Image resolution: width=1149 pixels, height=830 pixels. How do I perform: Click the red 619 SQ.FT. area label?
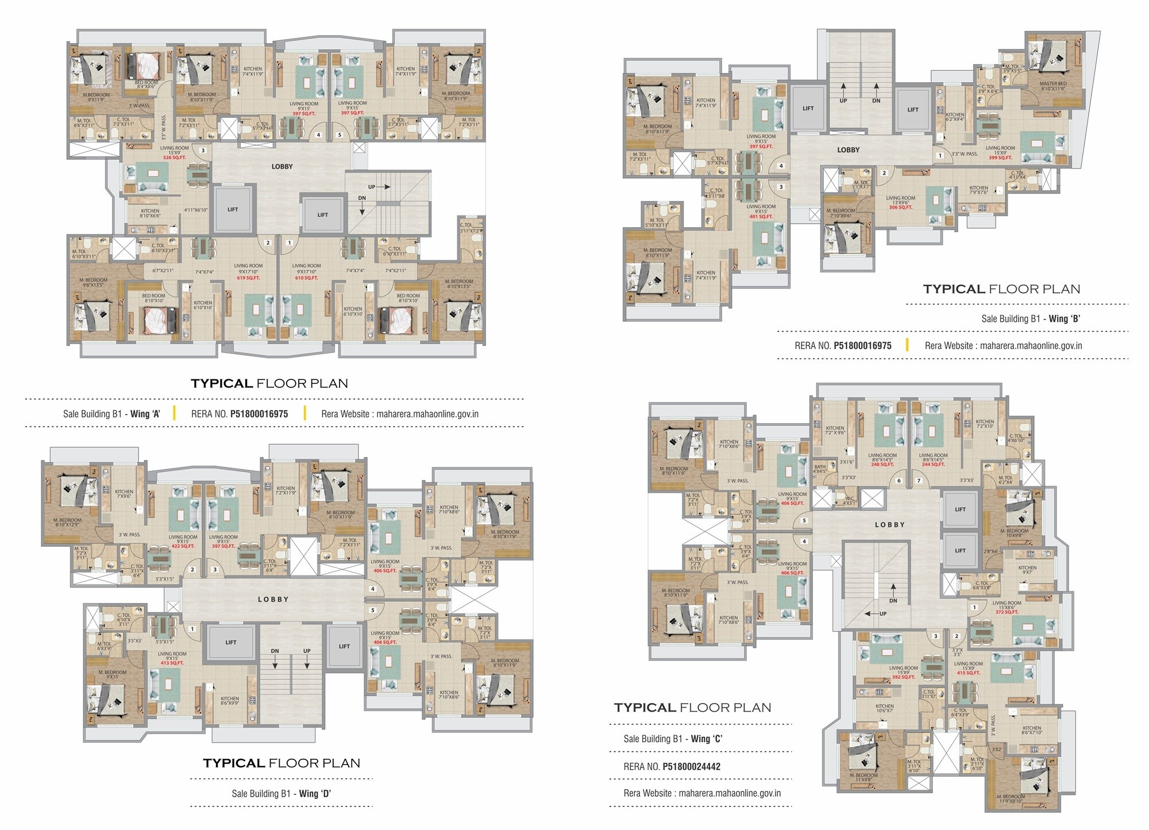(248, 278)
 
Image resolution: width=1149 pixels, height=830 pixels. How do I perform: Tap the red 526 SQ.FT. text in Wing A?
(175, 157)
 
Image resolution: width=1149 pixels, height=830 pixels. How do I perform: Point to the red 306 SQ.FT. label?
(900, 207)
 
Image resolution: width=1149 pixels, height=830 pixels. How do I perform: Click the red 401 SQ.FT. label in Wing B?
(761, 217)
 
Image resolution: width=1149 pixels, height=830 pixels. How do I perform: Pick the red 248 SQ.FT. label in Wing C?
(882, 464)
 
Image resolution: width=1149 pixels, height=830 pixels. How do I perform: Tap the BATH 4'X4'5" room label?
(820, 469)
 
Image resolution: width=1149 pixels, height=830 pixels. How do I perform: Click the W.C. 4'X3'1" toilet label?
(849, 501)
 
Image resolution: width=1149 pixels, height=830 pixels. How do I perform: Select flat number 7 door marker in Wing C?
(919, 481)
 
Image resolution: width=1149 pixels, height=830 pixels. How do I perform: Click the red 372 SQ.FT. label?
(1007, 612)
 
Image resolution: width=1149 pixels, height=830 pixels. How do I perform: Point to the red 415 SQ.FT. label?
(968, 673)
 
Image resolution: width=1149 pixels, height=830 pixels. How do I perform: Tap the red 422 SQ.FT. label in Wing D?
(183, 546)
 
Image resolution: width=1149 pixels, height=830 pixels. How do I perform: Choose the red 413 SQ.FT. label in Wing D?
(172, 663)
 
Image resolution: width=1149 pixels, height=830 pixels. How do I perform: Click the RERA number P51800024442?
(691, 766)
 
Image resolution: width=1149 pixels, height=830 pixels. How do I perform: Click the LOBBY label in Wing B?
(848, 150)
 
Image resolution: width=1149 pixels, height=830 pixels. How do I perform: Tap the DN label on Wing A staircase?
(362, 198)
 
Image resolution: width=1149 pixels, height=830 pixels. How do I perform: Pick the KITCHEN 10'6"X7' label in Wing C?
(884, 708)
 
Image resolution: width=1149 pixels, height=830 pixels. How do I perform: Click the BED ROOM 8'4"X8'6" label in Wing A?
(146, 84)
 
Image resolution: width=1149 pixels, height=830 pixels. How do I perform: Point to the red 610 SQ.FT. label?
(306, 278)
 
